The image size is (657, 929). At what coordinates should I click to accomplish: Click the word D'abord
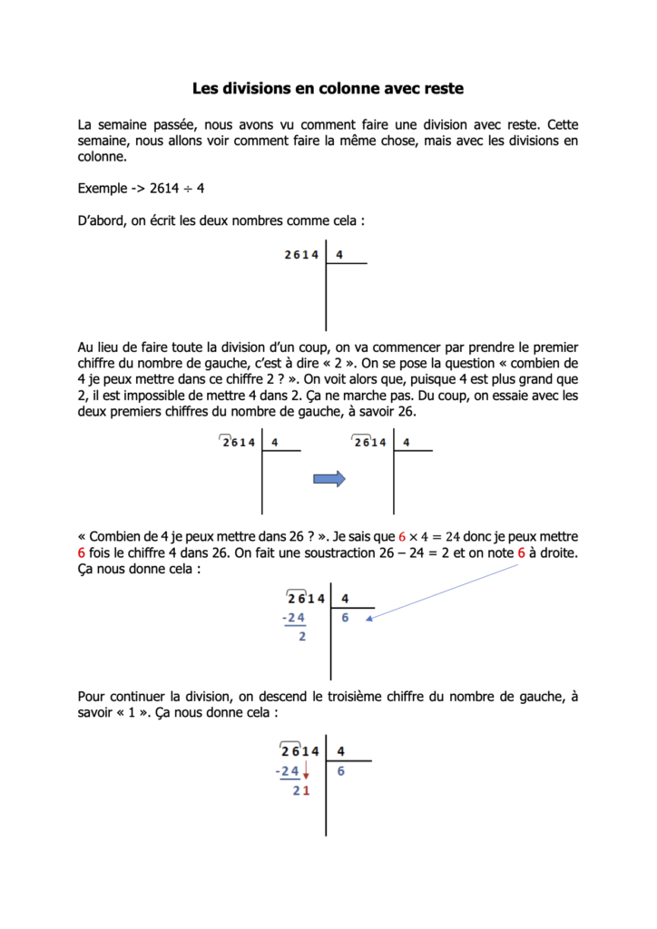(x=102, y=220)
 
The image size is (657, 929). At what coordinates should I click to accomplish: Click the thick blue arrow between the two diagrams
(x=328, y=479)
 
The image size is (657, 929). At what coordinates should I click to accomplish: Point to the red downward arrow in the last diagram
(x=307, y=771)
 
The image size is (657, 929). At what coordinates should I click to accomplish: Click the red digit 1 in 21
(x=307, y=791)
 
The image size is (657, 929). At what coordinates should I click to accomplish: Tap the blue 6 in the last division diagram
(x=340, y=771)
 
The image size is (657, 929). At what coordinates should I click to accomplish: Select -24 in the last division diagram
(x=288, y=771)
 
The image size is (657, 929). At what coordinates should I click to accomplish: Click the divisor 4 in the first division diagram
(x=338, y=255)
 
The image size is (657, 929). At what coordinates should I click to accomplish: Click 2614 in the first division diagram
(x=302, y=255)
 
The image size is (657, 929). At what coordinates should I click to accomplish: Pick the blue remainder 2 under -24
(x=302, y=637)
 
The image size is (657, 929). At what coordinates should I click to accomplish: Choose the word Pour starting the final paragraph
(x=92, y=697)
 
